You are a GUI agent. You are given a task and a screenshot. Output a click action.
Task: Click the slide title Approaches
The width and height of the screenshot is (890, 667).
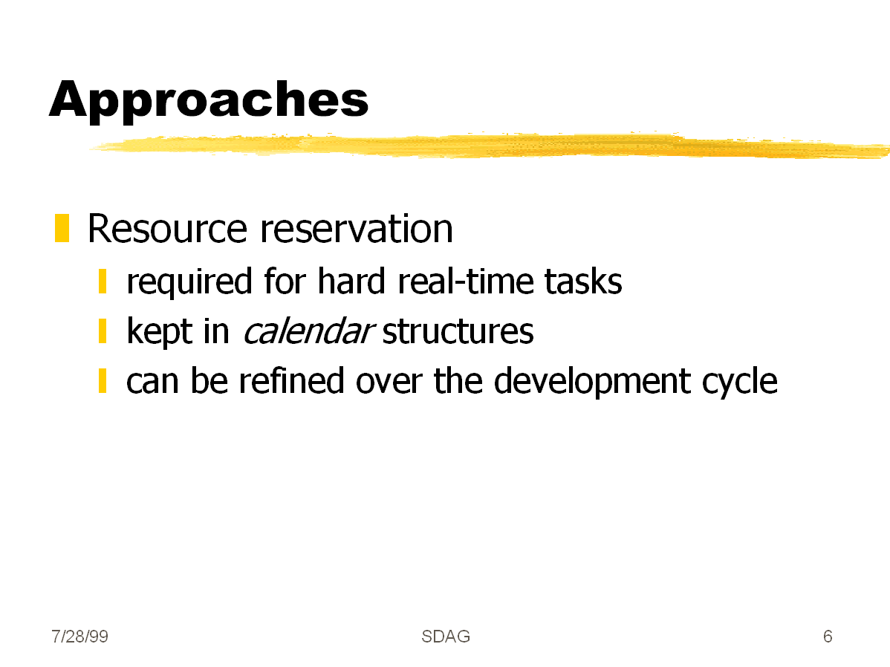209,100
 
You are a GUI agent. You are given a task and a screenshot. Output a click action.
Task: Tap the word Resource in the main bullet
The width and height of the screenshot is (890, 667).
167,229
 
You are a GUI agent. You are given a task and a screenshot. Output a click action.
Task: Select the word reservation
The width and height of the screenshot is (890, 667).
357,229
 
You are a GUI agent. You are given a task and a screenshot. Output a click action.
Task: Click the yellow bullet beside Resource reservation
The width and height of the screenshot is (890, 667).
62,228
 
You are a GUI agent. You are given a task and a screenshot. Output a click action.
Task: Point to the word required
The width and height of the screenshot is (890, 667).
189,282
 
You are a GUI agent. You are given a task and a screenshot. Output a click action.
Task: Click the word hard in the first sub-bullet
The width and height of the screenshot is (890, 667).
351,281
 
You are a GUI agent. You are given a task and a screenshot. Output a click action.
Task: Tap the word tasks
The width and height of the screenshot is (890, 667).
583,281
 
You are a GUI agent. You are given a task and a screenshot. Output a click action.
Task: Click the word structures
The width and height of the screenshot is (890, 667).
458,331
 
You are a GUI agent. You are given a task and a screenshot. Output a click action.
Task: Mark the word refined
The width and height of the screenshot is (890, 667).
291,380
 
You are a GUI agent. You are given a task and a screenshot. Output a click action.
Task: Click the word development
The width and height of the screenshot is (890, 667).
592,382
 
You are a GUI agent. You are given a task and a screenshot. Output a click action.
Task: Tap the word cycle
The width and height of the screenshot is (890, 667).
740,382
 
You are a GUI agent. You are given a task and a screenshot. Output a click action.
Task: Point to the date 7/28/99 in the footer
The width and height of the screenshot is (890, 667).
79,637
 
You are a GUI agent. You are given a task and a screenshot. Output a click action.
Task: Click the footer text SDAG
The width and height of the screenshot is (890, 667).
446,637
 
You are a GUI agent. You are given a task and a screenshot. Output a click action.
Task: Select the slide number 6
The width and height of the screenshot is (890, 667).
828,637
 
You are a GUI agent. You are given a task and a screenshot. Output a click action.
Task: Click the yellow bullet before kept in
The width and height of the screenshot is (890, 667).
103,331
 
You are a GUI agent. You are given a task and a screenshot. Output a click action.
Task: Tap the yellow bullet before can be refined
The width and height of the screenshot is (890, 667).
103,381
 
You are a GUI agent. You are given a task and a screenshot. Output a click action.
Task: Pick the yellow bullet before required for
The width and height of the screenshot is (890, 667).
103,282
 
